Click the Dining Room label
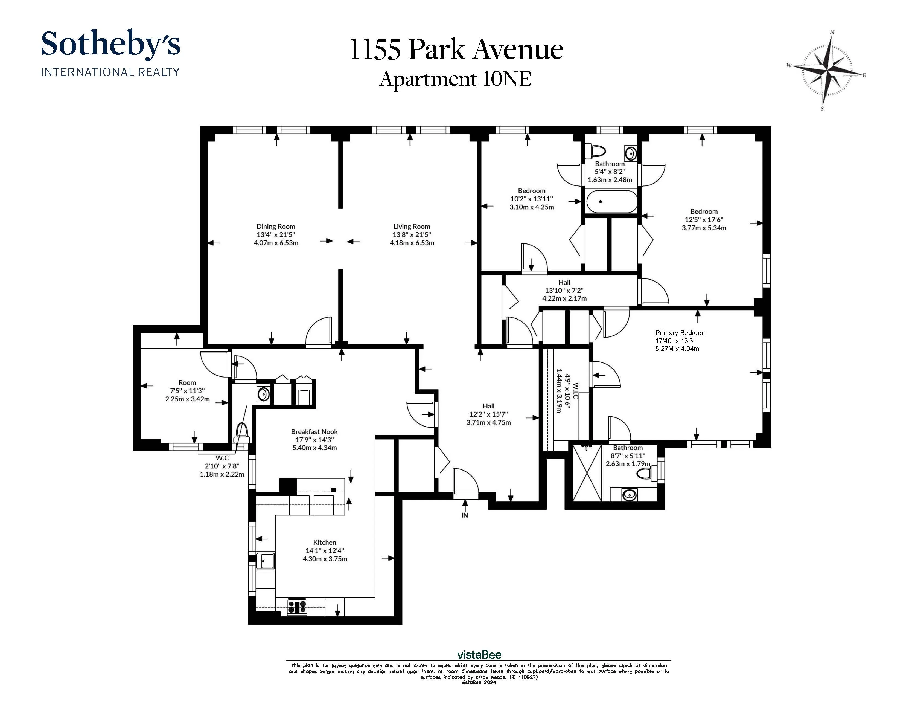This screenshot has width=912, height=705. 276,226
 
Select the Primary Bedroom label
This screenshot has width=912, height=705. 681,333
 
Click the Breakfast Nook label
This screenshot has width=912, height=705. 314,431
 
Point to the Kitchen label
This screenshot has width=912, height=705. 324,542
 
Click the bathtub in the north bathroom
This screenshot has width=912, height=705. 611,202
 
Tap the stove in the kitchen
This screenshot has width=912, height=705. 297,607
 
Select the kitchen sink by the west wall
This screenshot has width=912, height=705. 266,561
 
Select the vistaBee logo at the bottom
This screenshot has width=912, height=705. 479,654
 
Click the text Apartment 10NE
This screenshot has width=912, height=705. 455,79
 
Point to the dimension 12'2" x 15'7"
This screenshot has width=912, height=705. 489,414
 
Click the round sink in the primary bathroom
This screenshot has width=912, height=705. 629,495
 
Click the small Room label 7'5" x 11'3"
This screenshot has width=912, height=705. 187,382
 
